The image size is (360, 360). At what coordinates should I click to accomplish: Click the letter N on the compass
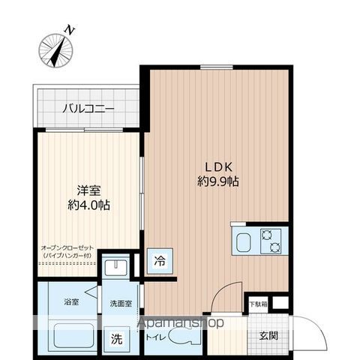coord(69,30)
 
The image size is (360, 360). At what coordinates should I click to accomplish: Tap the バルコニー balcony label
coord(88,109)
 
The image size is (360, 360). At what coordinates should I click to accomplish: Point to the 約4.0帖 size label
coord(88,205)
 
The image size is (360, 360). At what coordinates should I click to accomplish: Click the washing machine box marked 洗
coord(118,337)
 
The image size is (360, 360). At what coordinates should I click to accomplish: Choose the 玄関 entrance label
coord(268,334)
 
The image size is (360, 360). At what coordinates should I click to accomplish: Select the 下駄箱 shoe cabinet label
coord(257,304)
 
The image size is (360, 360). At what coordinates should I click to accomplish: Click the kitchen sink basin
coord(244,242)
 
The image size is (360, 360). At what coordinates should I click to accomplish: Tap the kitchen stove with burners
coord(270,241)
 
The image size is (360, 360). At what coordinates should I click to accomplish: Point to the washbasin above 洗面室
coord(116,268)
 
